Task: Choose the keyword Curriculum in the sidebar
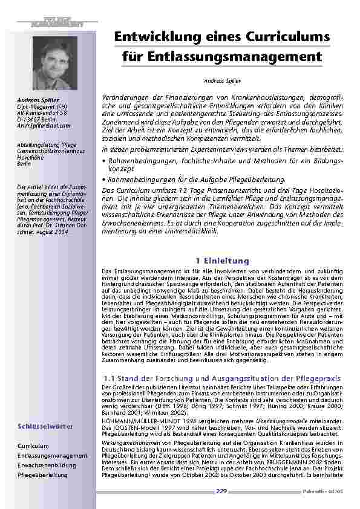[x=33, y=446]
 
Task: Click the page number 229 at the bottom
[x=221, y=491]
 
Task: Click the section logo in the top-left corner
[x=57, y=23]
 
